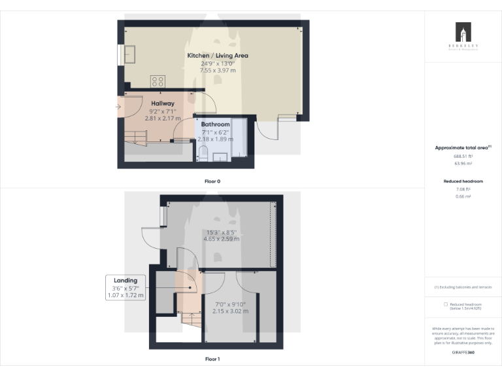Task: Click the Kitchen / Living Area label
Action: coord(218,56)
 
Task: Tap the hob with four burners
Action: coord(158,81)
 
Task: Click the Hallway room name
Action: coord(163,103)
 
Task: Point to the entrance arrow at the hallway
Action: coord(118,107)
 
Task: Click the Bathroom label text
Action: coord(215,124)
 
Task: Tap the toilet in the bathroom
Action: coord(203,154)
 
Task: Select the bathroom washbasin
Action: coord(220,156)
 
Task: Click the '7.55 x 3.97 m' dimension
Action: coord(218,71)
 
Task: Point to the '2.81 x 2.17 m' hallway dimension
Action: coord(162,118)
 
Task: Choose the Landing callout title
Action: coord(125,281)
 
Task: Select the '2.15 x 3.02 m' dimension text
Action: coord(230,311)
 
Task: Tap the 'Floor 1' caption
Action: coord(212,359)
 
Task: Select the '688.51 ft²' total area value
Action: coord(463,156)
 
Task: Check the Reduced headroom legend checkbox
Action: coord(446,304)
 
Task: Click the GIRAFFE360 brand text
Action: coord(463,353)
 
